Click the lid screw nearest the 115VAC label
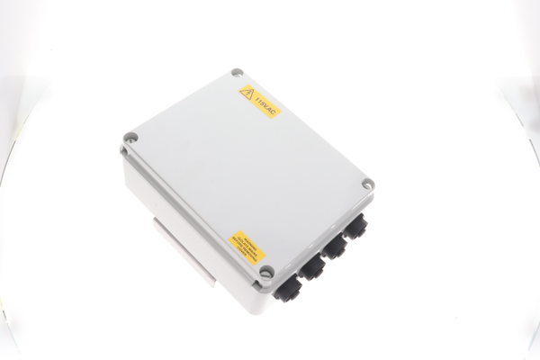click(237, 73)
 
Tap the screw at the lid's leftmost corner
click(130, 139)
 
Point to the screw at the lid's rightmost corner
click(367, 184)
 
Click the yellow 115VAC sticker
click(259, 100)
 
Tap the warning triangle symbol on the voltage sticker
click(247, 92)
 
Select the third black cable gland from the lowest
click(336, 246)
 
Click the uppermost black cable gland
click(356, 225)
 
